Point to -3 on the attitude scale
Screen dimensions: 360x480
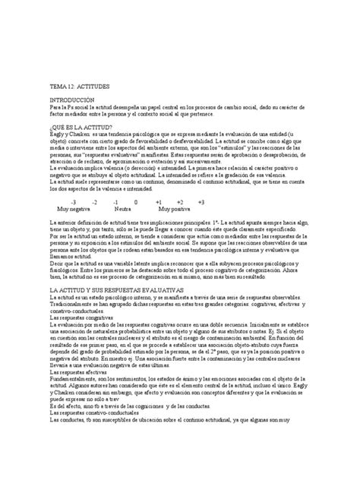point(72,203)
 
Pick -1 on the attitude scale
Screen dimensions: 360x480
point(115,203)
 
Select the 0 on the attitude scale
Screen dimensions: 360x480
point(136,203)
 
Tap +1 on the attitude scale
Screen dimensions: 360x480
point(158,203)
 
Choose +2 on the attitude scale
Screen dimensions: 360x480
point(179,203)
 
